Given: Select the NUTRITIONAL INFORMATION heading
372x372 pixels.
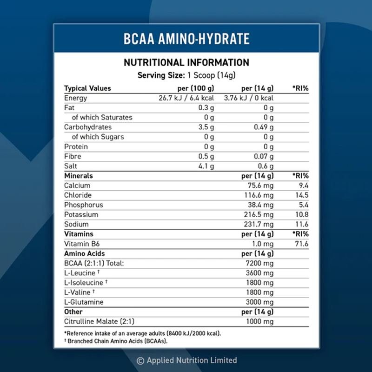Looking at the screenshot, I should coord(186,62).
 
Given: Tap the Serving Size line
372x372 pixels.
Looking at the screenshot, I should coord(186,75).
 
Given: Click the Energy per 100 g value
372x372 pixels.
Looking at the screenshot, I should coord(186,98).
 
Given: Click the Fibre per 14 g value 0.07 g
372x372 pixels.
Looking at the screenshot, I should coord(263,156).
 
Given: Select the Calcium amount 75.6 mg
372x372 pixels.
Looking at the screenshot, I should coord(260,186).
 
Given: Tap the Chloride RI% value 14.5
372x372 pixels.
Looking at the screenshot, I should coord(302,195).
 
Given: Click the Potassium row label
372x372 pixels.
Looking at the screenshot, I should coord(81,215).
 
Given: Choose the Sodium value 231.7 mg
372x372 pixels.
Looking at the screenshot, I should coord(259,225).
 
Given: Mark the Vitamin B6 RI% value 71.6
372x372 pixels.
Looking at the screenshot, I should coord(302,244).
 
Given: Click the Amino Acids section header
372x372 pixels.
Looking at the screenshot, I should coord(84,253).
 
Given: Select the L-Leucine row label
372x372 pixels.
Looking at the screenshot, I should coord(81,273).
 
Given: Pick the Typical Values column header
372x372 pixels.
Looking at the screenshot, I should coord(87,88).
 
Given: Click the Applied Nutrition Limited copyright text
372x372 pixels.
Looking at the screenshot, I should coord(186,360).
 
